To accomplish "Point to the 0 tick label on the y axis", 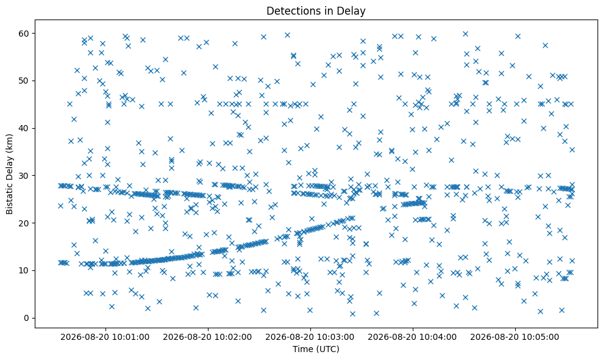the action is click(27, 318).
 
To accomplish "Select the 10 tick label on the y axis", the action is click(24, 271).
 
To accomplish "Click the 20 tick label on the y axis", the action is click(24, 223).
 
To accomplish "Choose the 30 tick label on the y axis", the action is click(24, 176).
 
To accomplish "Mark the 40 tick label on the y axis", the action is click(24, 128).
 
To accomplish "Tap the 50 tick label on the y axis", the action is click(24, 81).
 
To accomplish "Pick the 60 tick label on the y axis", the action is click(24, 34).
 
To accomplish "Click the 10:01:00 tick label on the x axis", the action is click(105, 337).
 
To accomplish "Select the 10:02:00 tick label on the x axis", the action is click(208, 337).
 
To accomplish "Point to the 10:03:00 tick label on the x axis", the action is click(310, 337).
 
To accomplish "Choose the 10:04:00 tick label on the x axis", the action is click(413, 337).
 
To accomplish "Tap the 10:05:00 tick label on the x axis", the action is click(515, 337).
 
